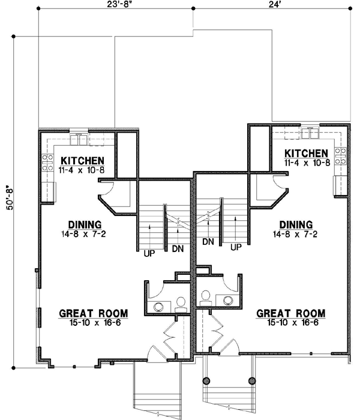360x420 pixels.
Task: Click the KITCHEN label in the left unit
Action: click(83, 161)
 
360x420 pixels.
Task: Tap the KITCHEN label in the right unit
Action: click(307, 153)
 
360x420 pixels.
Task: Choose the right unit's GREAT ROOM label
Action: click(291, 313)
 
